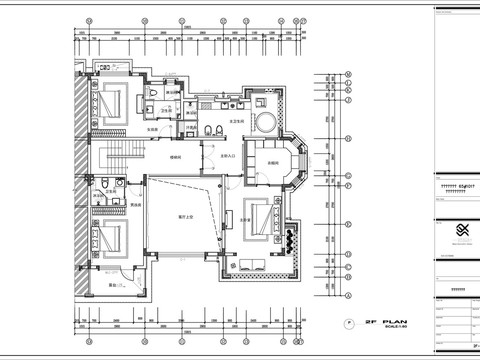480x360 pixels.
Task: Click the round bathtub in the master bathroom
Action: (x=268, y=120)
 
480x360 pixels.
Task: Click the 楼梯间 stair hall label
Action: (x=175, y=156)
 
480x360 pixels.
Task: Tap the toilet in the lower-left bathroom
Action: (x=104, y=189)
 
